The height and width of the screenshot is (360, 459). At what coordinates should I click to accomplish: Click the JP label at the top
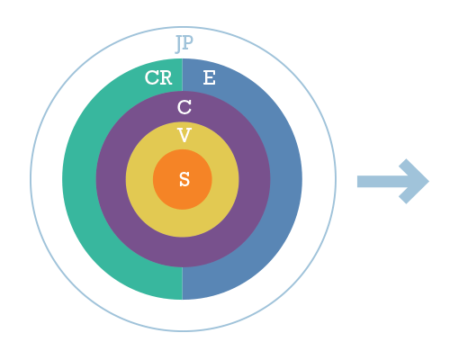click(184, 44)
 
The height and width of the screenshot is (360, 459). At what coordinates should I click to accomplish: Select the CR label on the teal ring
click(158, 77)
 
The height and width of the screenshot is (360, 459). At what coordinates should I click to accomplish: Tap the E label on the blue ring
click(209, 77)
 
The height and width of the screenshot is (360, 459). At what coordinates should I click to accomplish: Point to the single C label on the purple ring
click(184, 107)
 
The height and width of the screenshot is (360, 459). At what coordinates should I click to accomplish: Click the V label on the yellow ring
click(184, 135)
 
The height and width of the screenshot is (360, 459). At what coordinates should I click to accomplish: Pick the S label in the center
click(184, 179)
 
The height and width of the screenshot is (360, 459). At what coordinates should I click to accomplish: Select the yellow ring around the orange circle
click(183, 223)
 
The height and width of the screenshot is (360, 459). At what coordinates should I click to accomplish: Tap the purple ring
click(183, 252)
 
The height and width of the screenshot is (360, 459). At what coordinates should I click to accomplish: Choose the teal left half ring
click(79, 180)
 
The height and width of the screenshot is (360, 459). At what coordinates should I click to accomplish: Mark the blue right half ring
click(285, 180)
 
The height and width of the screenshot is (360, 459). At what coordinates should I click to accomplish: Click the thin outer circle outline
click(31, 179)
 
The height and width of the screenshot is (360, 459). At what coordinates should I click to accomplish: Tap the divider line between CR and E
click(183, 75)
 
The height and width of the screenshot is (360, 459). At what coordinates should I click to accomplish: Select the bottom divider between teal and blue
click(183, 283)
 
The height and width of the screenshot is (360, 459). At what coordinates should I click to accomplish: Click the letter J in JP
click(179, 44)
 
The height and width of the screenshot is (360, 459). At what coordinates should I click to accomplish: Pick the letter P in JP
click(188, 42)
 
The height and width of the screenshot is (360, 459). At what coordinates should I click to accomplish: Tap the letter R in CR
click(166, 77)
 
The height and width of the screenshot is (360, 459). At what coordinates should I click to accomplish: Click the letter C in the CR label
click(151, 77)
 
